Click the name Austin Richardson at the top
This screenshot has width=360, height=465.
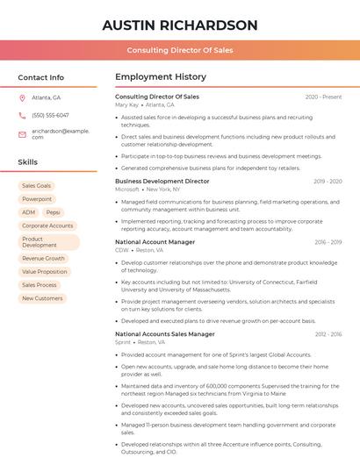pyautogui.click(x=180, y=25)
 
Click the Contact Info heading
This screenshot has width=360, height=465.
pyautogui.click(x=40, y=77)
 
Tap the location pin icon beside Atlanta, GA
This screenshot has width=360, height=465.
pyautogui.click(x=22, y=97)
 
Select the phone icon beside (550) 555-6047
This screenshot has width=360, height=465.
pyautogui.click(x=22, y=115)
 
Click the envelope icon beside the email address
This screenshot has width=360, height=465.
pyautogui.click(x=22, y=133)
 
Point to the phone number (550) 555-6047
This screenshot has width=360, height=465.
pyautogui.click(x=50, y=115)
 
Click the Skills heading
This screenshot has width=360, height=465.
pyautogui.click(x=28, y=162)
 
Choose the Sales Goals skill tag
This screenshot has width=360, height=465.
pyautogui.click(x=37, y=186)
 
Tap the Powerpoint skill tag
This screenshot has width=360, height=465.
pyautogui.click(x=37, y=199)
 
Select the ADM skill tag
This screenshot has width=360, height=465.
pyautogui.click(x=29, y=212)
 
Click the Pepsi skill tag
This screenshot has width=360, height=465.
pyautogui.click(x=54, y=212)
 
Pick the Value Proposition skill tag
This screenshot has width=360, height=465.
pyautogui.click(x=45, y=272)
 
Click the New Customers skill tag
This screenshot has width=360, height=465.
pyautogui.click(x=42, y=298)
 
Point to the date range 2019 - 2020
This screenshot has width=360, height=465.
pyautogui.click(x=328, y=181)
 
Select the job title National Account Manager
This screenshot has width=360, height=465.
pyautogui.click(x=155, y=241)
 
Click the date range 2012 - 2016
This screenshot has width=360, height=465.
pyautogui.click(x=328, y=334)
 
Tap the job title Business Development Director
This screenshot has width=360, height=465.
pyautogui.click(x=162, y=181)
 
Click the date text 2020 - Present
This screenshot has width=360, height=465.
pyautogui.click(x=323, y=97)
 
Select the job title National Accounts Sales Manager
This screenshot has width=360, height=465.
pyautogui.click(x=165, y=334)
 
